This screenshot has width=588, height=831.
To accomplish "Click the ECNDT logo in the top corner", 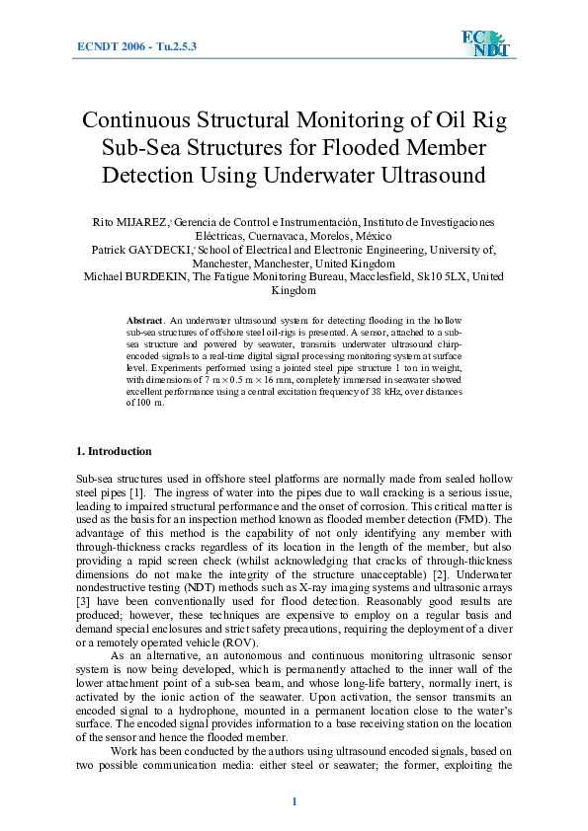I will pos(482,44).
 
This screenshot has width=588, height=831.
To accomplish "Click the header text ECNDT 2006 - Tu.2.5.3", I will pos(136,46).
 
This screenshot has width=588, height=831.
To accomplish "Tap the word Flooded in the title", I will pos(391,148).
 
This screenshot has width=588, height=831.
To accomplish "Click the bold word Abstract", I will pos(146,322).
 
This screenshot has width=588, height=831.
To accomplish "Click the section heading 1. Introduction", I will pos(114,451).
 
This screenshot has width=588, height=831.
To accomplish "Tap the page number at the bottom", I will pos(294,800).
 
